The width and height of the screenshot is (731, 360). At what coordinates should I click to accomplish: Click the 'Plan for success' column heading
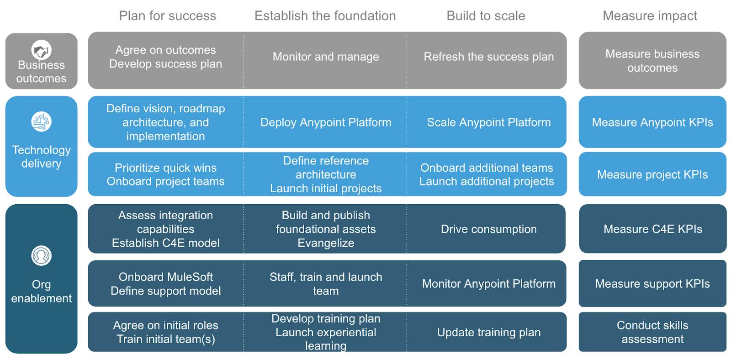(167, 16)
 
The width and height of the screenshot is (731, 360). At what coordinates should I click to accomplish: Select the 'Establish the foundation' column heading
(325, 16)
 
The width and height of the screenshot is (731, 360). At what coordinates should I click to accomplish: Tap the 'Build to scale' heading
(486, 16)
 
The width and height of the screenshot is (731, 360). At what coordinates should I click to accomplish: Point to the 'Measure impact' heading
(650, 16)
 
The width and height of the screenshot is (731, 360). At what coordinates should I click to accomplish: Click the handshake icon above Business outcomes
(41, 50)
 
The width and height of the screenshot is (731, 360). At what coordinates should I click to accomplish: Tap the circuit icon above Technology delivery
(41, 122)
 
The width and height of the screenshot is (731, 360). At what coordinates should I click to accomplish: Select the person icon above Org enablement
(41, 255)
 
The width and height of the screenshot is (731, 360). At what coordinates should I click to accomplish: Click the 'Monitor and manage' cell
(326, 57)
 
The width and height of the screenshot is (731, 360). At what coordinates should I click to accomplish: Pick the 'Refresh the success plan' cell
(488, 57)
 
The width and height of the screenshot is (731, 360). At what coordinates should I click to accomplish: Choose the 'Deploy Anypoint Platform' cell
(326, 122)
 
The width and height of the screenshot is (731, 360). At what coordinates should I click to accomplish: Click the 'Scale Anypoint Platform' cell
(488, 122)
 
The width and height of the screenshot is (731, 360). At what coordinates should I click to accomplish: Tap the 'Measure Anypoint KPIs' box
(652, 122)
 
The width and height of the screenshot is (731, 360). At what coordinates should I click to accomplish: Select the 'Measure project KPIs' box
(652, 175)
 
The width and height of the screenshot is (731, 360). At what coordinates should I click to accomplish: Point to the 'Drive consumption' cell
(488, 229)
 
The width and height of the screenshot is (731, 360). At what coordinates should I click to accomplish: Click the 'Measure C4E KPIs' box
(652, 229)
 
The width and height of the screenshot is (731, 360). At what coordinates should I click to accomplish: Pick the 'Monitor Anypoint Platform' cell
(488, 284)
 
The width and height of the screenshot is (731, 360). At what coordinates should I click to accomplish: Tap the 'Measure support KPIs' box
(652, 284)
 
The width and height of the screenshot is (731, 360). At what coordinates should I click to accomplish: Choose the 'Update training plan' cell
(488, 332)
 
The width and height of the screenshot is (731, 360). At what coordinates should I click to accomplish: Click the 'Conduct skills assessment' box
(652, 332)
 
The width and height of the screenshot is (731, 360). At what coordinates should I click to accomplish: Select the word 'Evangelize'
(326, 243)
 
